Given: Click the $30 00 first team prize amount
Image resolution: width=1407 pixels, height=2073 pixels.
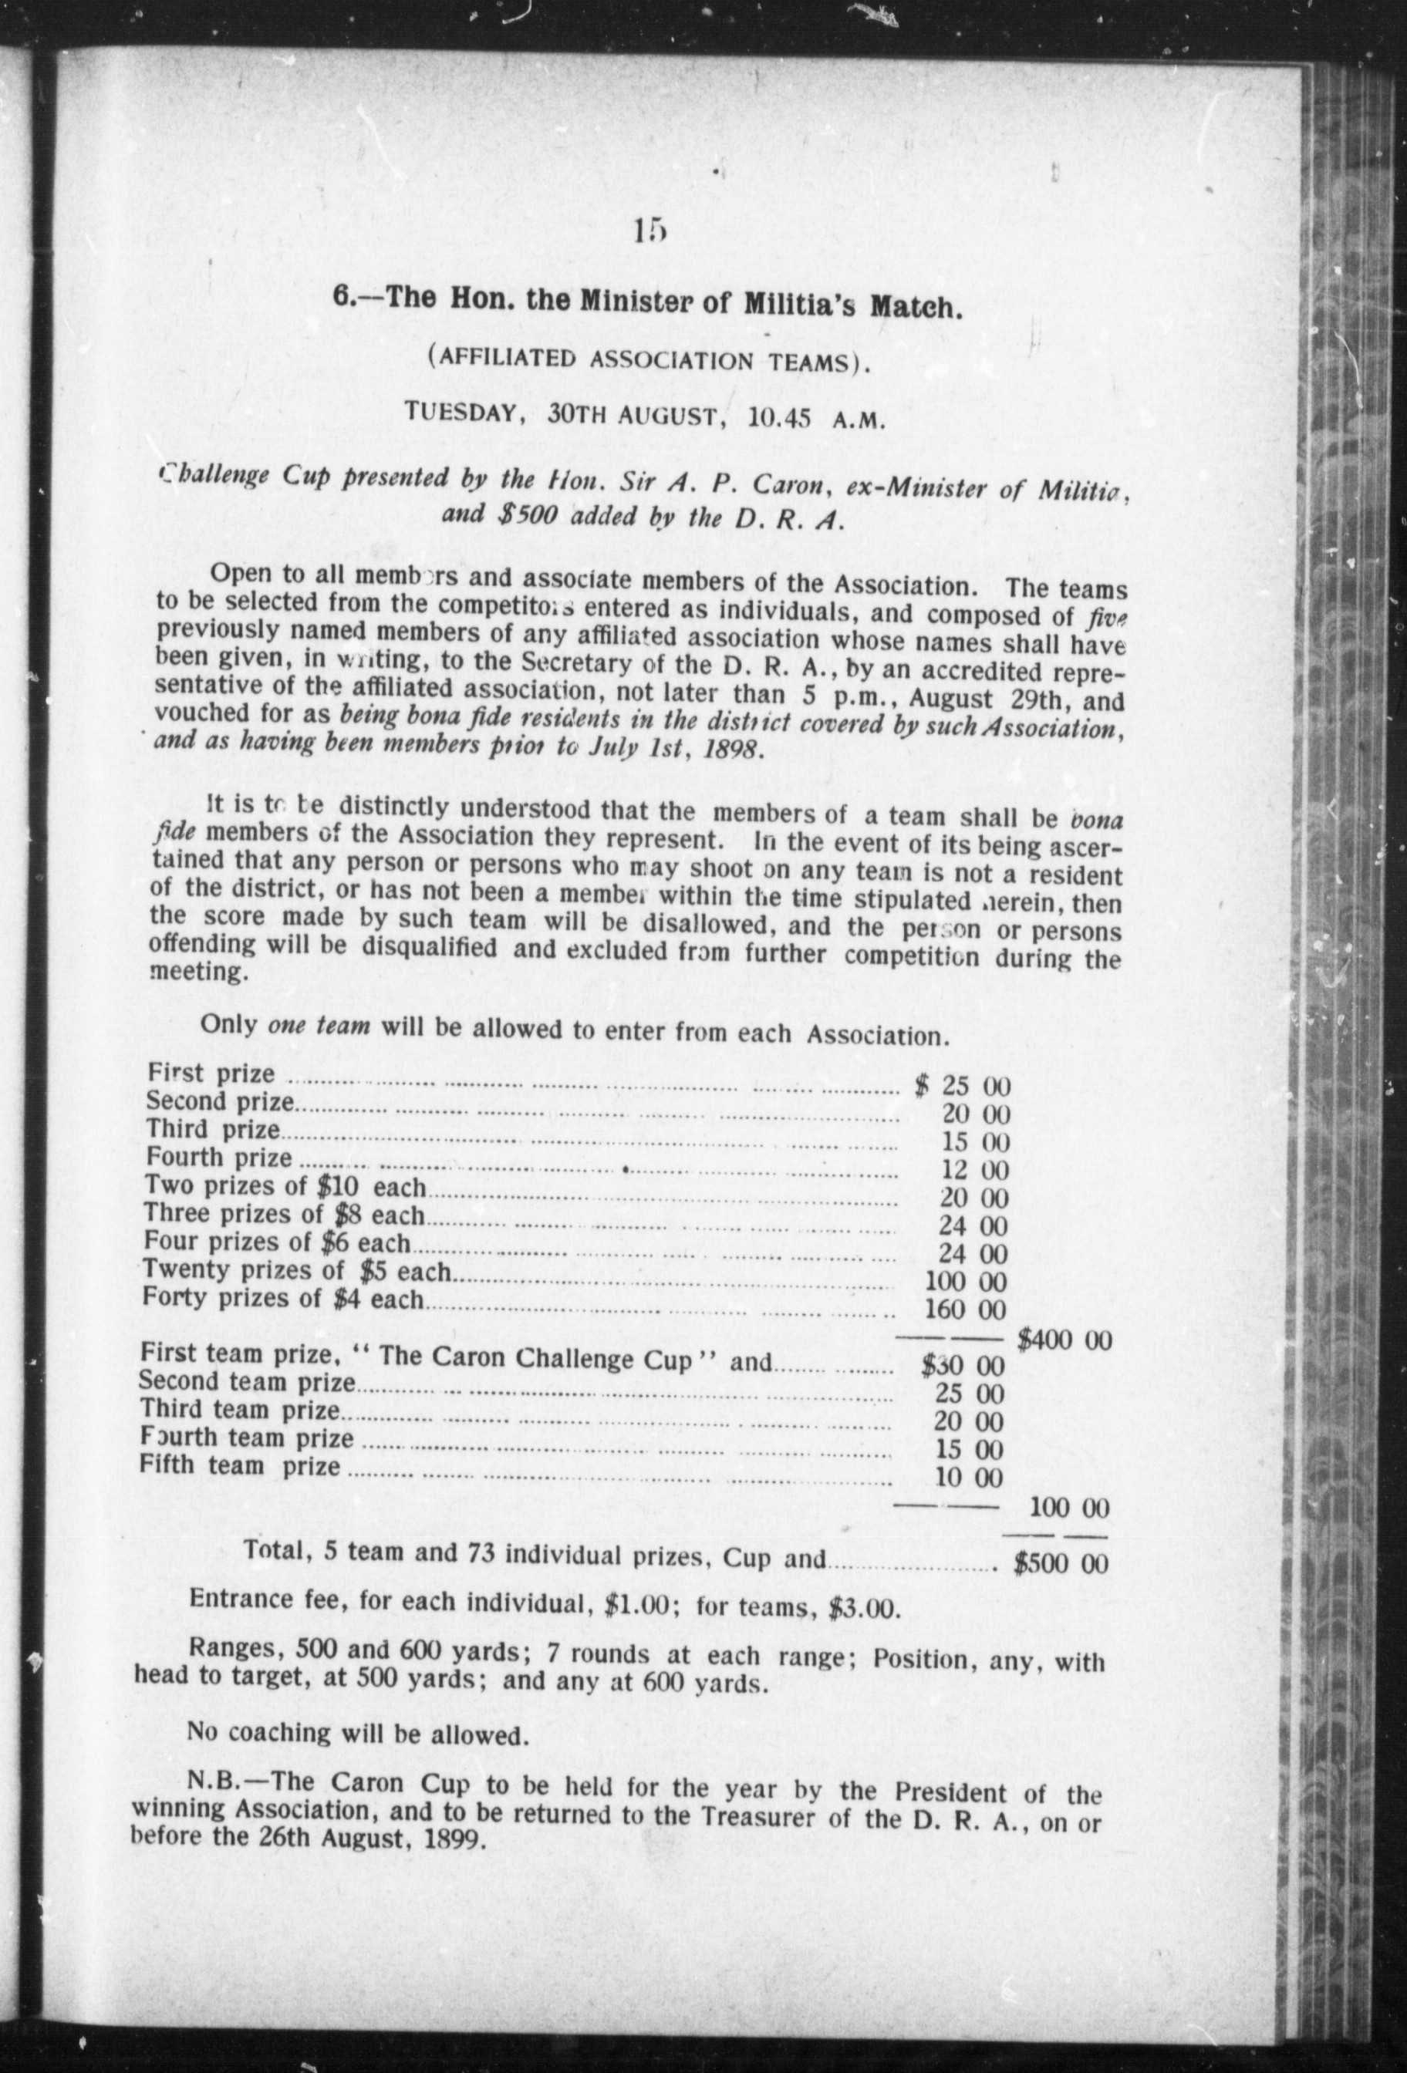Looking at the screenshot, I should click(x=963, y=1366).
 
